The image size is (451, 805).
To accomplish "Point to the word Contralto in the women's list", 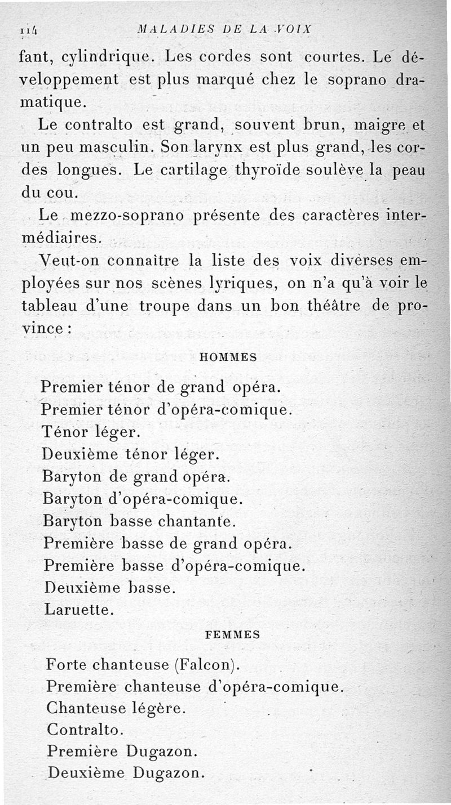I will tap(85, 729).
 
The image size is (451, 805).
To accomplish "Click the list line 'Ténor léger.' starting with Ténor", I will tap(90, 432).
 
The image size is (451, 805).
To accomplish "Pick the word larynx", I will tap(216, 149).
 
